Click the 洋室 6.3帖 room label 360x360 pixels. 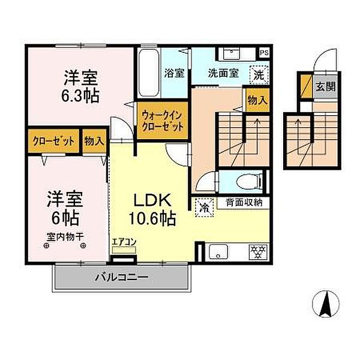click(x=82, y=86)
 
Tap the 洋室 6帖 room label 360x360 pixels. click(x=65, y=207)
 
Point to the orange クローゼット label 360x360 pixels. click(x=53, y=142)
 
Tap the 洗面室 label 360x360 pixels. click(x=223, y=74)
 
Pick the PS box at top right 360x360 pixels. click(x=264, y=53)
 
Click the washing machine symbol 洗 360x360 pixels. click(x=258, y=76)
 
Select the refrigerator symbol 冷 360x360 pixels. click(x=205, y=208)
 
